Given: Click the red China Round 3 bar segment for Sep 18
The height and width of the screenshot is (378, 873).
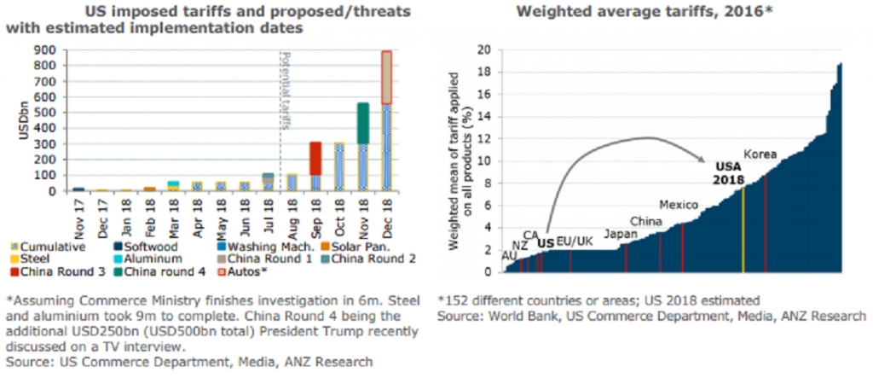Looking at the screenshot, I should [315, 159].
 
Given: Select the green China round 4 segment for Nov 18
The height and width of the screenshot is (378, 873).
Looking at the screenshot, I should [362, 123].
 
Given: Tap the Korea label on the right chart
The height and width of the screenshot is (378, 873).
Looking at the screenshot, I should [760, 154].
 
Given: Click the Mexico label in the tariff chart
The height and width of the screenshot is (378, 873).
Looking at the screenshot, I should [679, 206].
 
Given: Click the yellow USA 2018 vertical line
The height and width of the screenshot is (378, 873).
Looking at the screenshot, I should [743, 230].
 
